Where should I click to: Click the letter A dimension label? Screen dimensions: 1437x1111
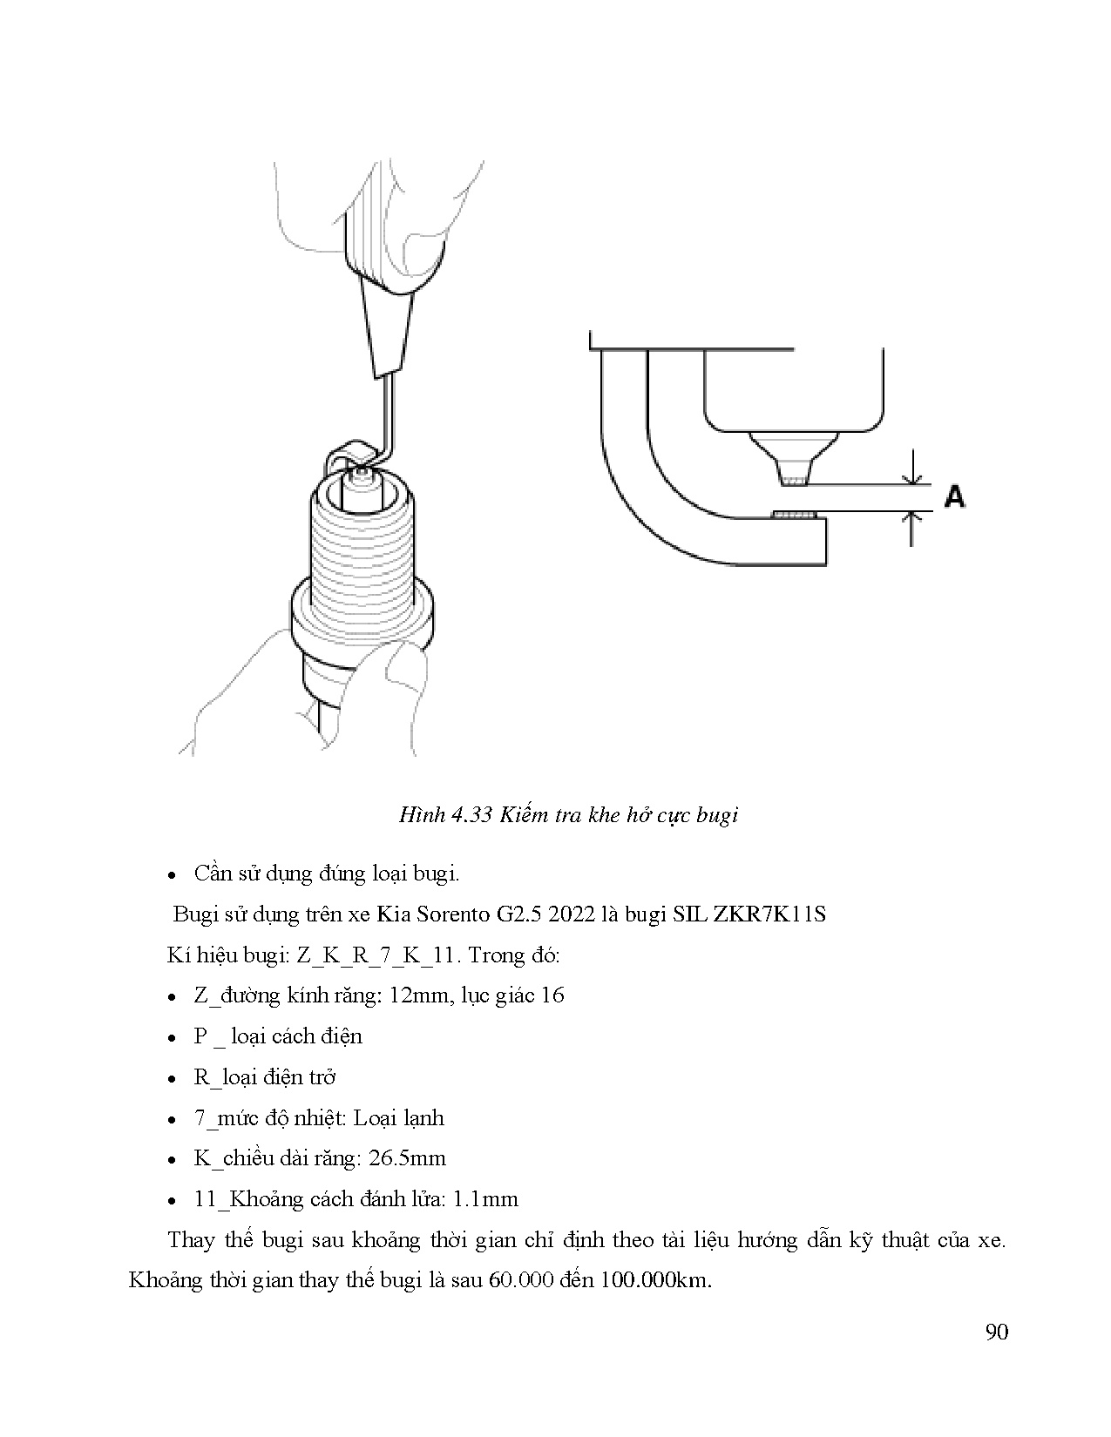955,496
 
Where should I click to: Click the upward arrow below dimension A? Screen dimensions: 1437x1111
912,528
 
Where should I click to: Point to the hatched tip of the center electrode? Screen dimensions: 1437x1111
795,480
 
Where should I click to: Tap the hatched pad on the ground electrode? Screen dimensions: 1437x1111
795,516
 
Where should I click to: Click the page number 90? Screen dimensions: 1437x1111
997,1332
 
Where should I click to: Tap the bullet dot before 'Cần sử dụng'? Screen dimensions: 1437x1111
173,874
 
